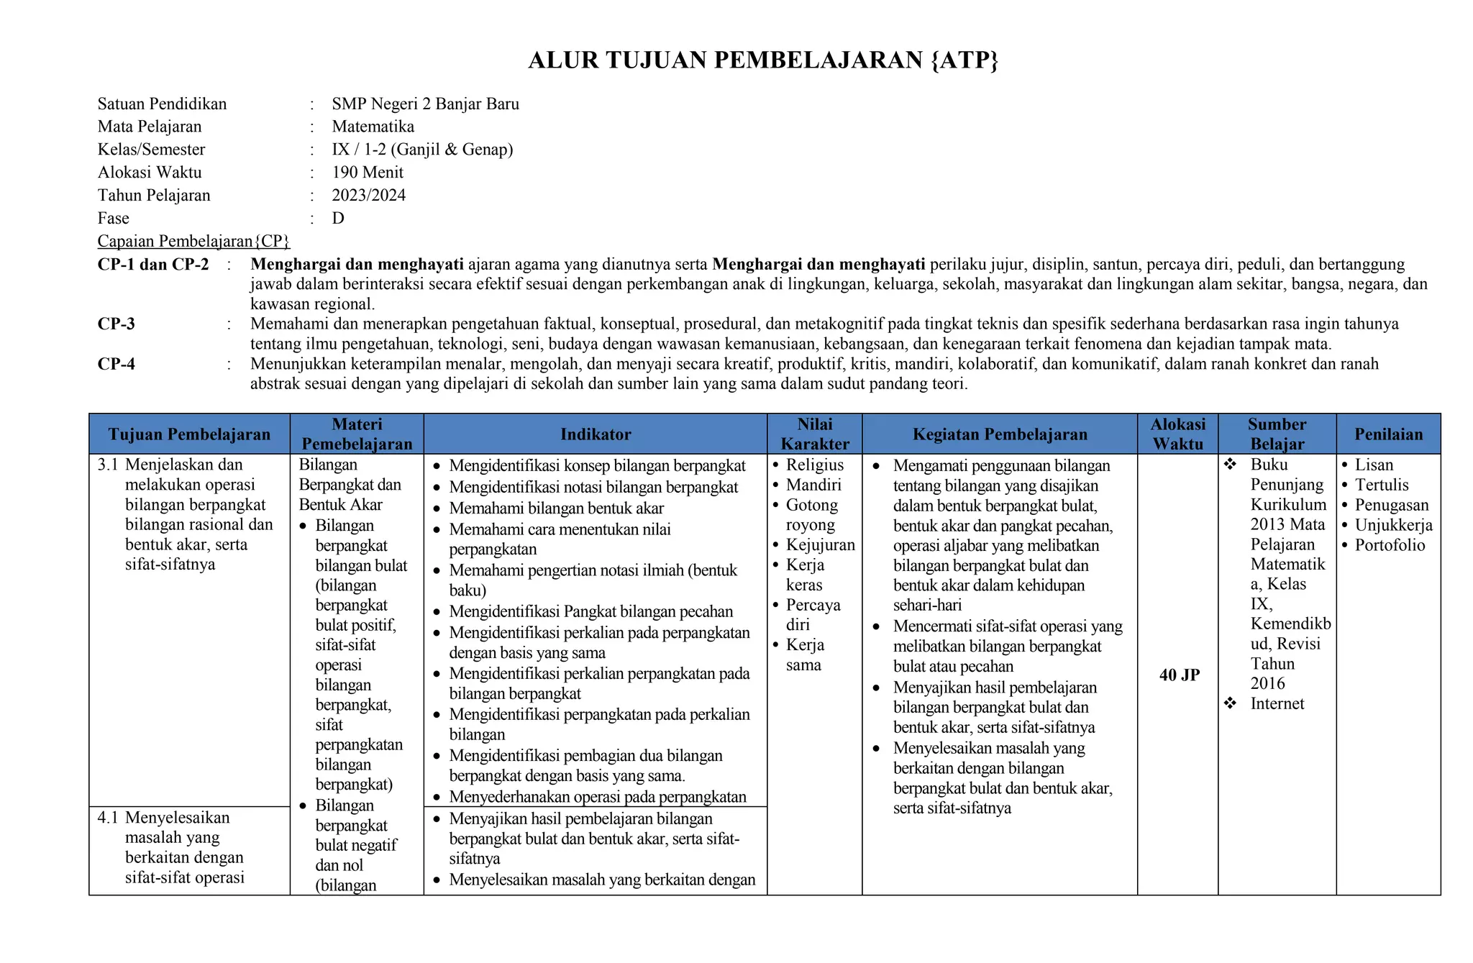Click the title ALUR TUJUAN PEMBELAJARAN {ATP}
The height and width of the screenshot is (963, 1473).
click(763, 60)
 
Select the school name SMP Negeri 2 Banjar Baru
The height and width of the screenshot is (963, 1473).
click(425, 104)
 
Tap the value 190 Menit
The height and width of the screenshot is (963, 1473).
click(368, 173)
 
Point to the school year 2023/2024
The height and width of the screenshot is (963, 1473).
click(368, 196)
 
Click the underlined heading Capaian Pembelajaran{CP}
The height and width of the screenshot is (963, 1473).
click(193, 241)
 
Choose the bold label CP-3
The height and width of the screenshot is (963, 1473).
click(117, 324)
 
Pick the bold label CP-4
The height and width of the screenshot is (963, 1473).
click(117, 364)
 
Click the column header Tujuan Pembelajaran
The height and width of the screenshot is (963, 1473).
click(189, 434)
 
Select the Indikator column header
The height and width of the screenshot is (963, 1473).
click(596, 434)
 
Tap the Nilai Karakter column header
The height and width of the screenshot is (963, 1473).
click(815, 434)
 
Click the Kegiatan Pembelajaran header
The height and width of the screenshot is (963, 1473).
click(1000, 434)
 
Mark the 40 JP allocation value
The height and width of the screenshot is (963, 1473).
click(1179, 675)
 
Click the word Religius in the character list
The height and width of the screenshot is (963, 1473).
click(814, 465)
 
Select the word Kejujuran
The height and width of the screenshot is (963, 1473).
click(820, 545)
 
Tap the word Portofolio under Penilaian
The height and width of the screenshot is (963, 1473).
click(1390, 545)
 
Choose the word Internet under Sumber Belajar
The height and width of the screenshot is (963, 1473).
click(1277, 704)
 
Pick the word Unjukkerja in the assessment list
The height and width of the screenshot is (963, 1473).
click(1393, 525)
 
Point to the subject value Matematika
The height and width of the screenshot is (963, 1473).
click(373, 127)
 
